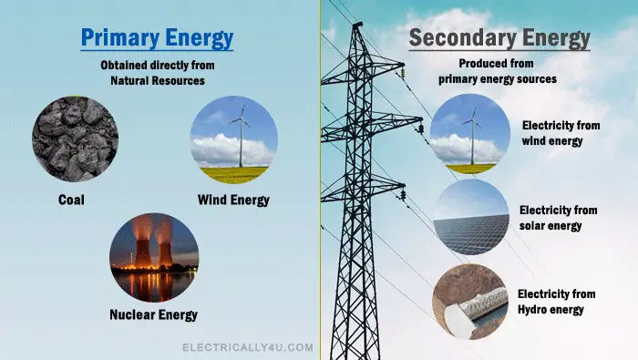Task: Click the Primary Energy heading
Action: [x=157, y=39]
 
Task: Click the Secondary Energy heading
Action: [x=499, y=39]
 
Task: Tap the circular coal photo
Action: [x=75, y=139]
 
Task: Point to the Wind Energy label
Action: [x=234, y=199]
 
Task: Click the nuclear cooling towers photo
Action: [x=153, y=258]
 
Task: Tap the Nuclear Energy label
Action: [x=152, y=315]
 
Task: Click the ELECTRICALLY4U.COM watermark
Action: [x=248, y=347]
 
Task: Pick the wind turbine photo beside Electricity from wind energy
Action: [x=470, y=132]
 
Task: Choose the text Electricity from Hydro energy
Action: [x=556, y=302]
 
